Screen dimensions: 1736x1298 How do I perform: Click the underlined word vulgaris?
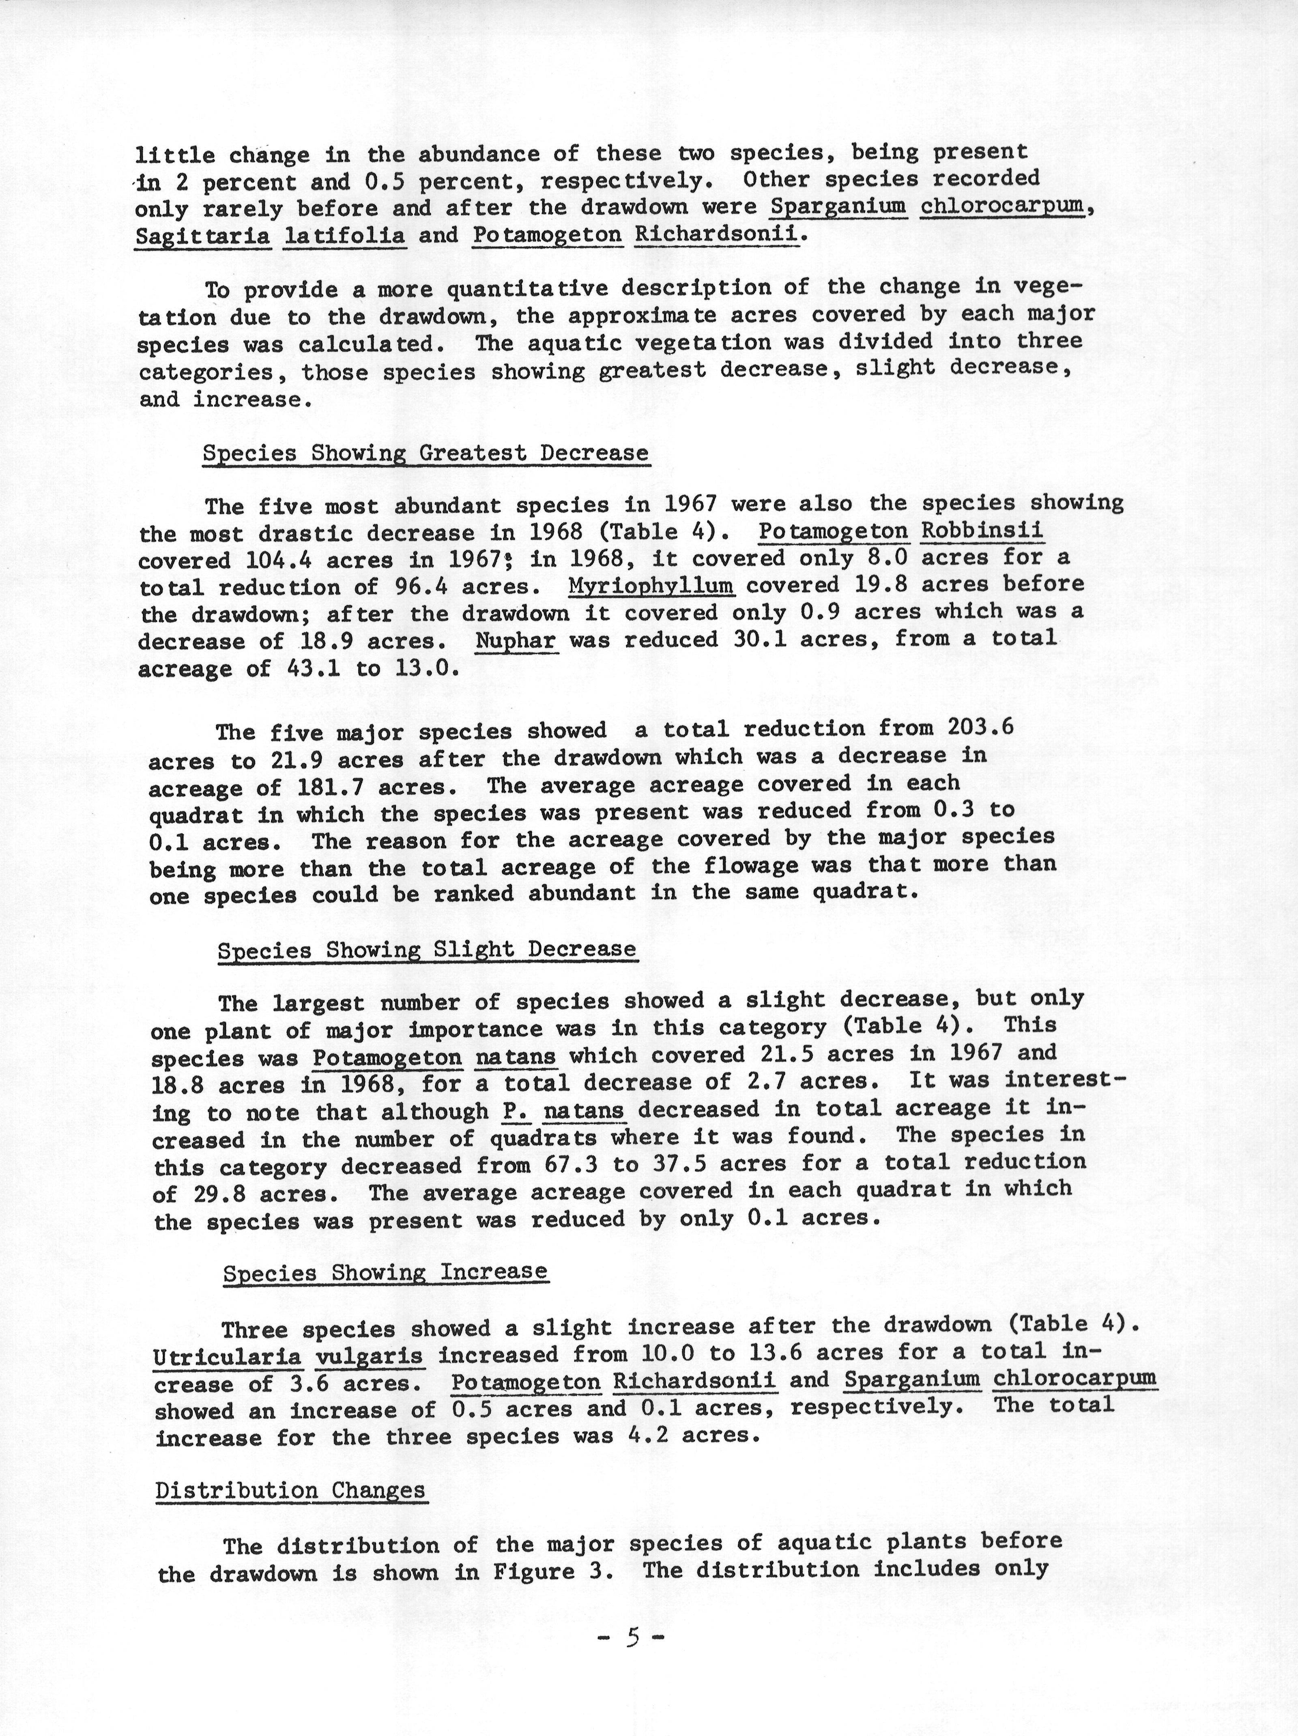point(369,1356)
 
